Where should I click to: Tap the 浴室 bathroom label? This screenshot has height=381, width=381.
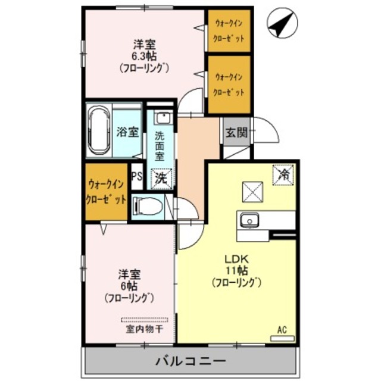(x=127, y=132)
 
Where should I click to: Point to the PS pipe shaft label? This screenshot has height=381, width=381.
(x=136, y=176)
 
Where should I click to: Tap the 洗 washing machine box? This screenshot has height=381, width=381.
(x=161, y=176)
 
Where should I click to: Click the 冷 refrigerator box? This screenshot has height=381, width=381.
(x=285, y=175)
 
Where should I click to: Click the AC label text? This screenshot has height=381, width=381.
(x=282, y=328)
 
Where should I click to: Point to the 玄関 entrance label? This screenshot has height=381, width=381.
(x=235, y=132)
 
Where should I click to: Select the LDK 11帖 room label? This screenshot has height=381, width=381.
(x=236, y=271)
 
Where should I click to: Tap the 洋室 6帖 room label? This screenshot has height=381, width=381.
(x=129, y=286)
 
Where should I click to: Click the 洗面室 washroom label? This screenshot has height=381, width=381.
(x=160, y=145)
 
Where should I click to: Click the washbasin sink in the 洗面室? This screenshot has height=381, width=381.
(x=161, y=118)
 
